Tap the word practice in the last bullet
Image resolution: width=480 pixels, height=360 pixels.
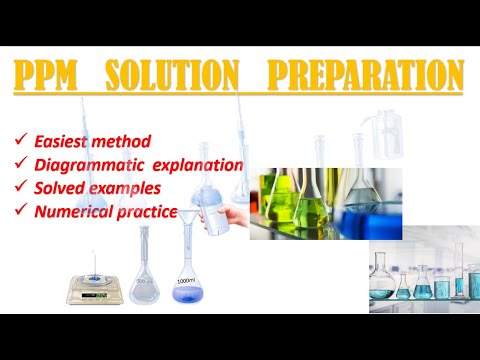tap(148, 211)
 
